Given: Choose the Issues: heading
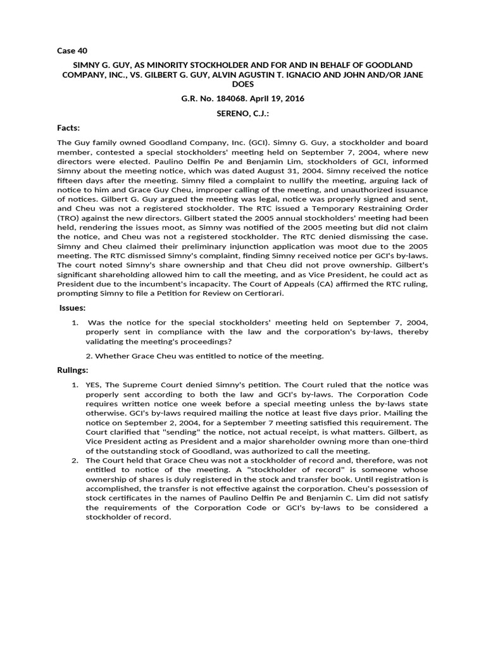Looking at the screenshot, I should [x=72, y=308].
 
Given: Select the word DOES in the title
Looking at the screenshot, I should [x=243, y=84].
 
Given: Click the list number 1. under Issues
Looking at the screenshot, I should [x=75, y=323].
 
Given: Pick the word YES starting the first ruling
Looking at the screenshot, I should [x=94, y=385].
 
